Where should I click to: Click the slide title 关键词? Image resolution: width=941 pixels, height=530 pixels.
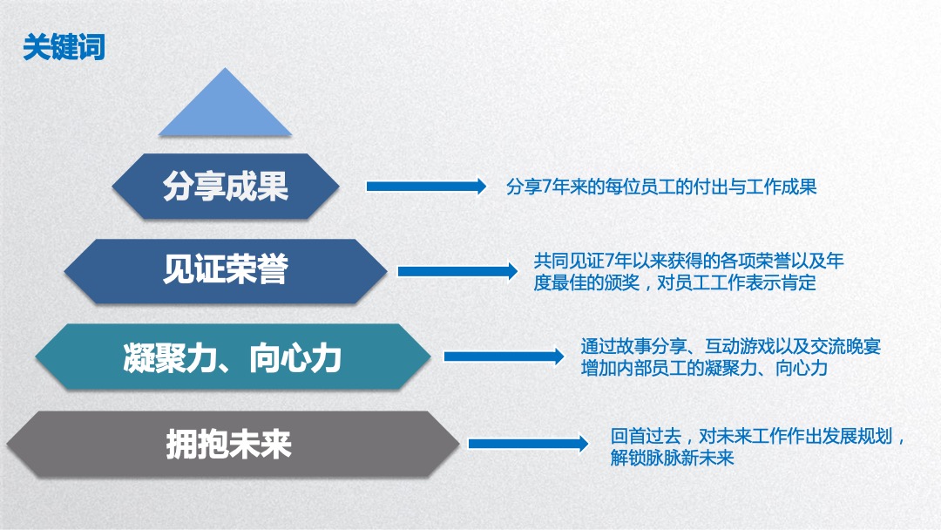coord(64,47)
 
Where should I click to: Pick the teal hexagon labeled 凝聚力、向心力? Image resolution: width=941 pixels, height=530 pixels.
coord(232,357)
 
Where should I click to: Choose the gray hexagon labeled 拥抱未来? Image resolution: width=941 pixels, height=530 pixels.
coord(230,444)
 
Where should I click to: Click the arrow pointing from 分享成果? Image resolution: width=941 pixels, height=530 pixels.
coord(425,187)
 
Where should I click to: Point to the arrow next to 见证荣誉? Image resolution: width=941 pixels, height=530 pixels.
coord(457,271)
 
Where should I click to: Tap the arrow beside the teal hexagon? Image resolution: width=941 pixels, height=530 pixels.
coord(504,357)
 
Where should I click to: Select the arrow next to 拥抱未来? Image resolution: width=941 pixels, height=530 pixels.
coord(528,444)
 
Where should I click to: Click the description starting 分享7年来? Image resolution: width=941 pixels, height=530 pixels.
coord(661,187)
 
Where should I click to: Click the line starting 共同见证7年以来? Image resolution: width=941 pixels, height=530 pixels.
coord(688,262)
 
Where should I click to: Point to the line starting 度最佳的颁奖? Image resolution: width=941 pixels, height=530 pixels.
coord(674,283)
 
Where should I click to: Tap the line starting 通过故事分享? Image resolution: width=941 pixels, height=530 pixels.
coord(731,346)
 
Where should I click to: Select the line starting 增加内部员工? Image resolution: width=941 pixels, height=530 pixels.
coord(704,368)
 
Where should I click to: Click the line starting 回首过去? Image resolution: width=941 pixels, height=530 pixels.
coord(758,436)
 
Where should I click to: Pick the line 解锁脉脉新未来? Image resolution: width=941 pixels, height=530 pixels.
coord(673,458)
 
